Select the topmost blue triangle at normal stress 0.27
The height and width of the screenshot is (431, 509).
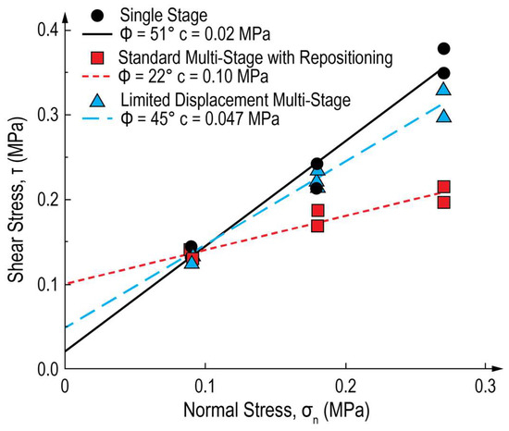pos(444,90)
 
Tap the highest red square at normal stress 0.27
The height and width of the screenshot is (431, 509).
pos(444,187)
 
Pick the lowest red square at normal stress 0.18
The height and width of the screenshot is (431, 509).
pos(317,225)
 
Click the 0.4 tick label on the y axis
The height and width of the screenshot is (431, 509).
pos(39,30)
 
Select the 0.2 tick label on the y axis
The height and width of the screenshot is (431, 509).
pos(39,200)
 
